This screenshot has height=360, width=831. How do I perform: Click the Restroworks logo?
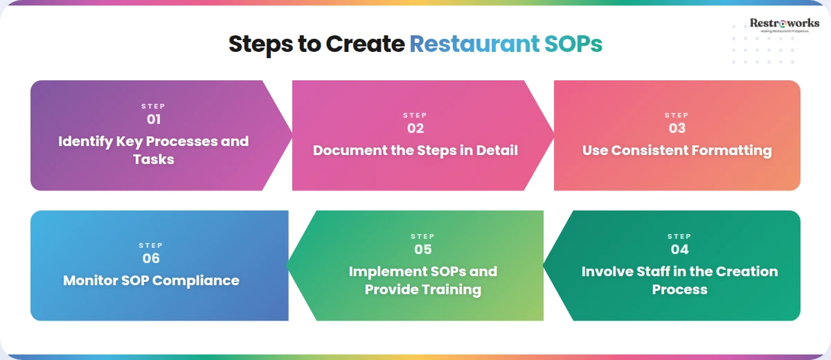tap(784, 26)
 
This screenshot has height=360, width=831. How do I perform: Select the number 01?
tap(153, 119)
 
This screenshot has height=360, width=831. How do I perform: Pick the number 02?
tap(415, 128)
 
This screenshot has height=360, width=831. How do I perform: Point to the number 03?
tap(677, 128)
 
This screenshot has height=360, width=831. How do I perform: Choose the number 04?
tap(679, 249)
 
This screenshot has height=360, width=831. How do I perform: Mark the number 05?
tap(422, 249)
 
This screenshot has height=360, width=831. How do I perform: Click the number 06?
tap(150, 258)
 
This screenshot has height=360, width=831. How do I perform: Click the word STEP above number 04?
tap(679, 237)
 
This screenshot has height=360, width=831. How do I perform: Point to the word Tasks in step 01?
tap(153, 159)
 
